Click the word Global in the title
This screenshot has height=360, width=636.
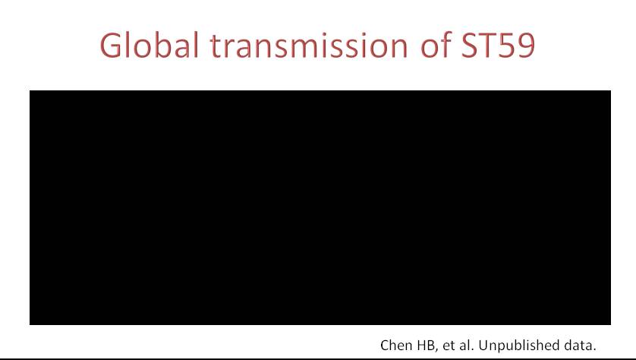click(150, 45)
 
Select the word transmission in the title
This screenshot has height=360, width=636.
click(309, 45)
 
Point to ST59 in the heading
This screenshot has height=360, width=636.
click(498, 45)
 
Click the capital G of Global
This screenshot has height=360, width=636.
click(110, 45)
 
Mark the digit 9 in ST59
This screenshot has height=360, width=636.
click(527, 46)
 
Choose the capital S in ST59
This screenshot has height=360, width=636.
click(470, 46)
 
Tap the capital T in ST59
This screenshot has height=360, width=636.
click(487, 45)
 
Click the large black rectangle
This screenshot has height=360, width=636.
click(320, 207)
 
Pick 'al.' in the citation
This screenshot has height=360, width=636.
click(467, 345)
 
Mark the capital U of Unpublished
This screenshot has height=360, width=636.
click(483, 346)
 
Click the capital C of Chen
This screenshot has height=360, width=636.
click(385, 346)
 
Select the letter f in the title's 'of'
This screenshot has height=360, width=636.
click(446, 44)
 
